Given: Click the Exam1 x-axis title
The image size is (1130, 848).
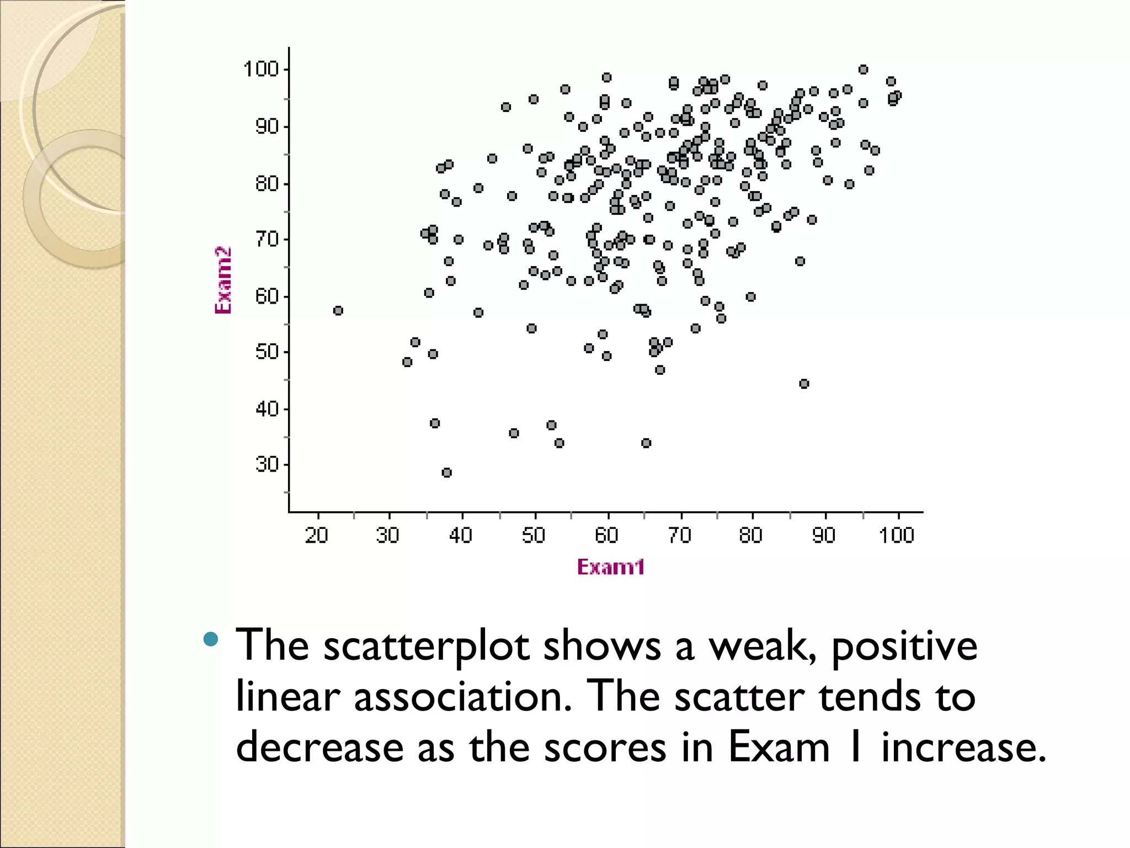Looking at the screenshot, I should [610, 567].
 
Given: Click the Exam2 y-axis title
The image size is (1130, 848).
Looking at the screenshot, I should [223, 280].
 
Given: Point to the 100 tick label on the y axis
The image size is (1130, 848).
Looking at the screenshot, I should [260, 70].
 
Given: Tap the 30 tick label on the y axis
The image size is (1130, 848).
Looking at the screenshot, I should [266, 464].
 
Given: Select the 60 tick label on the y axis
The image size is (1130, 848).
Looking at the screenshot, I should [266, 296].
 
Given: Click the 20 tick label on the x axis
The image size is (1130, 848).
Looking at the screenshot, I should [316, 535].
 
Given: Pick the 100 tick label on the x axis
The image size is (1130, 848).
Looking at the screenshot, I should [896, 535].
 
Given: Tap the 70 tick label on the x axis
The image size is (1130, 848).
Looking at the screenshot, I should [679, 535].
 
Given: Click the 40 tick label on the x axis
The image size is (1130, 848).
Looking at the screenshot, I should [460, 535].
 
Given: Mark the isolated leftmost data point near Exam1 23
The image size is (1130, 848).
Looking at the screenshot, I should [338, 311].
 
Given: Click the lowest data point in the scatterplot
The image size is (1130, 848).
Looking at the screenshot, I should [447, 473].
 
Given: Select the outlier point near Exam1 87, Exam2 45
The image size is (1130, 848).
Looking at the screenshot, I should [804, 384].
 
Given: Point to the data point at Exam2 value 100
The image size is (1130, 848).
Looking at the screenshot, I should [864, 70].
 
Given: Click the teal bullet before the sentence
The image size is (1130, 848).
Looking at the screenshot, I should [211, 639].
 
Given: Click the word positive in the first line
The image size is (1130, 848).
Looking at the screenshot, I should [904, 646].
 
